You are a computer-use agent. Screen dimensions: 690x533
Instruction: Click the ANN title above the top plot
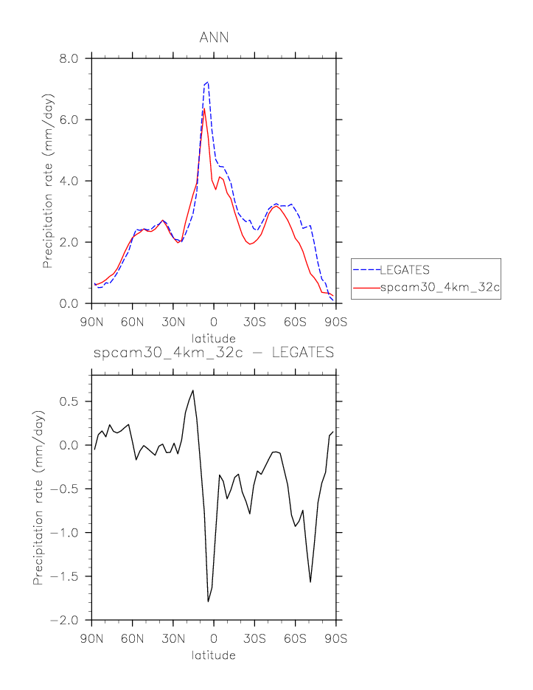(214, 38)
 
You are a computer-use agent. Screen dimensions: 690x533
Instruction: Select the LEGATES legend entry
(404, 269)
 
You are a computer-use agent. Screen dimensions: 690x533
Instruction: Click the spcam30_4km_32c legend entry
(439, 288)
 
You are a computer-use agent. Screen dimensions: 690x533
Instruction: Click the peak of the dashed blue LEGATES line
(208, 82)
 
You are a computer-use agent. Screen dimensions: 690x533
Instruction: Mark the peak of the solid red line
(204, 109)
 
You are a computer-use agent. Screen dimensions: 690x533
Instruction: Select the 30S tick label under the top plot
(254, 322)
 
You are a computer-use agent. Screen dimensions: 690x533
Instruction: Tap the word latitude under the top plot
(214, 338)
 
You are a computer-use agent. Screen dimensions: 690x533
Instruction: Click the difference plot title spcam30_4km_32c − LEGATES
(214, 353)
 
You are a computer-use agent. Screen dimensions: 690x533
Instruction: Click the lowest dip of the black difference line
(208, 601)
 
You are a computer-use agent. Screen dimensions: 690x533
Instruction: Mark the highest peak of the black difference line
(192, 390)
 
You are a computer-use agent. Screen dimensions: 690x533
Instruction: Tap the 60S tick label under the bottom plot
(295, 638)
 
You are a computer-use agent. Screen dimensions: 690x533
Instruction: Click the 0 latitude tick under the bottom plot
(214, 638)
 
